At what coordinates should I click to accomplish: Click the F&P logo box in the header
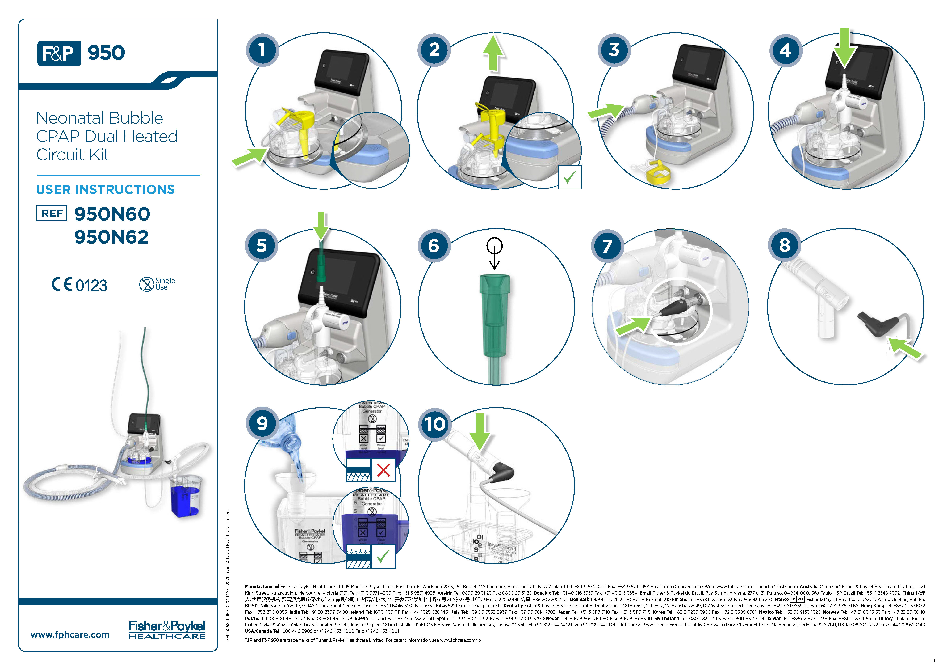[59, 53]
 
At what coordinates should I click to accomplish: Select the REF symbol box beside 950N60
[52, 213]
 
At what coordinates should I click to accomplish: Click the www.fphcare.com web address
[70, 634]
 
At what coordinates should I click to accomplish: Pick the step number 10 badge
[435, 424]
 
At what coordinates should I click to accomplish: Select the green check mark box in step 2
[570, 177]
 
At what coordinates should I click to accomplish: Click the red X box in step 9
[383, 470]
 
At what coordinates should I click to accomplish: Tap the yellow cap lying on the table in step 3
[655, 172]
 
